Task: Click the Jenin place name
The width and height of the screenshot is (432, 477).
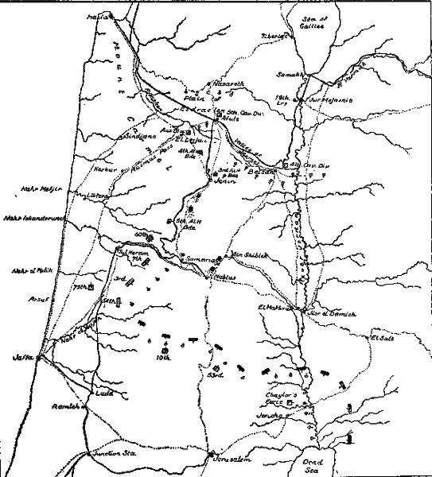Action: pos(228,182)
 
